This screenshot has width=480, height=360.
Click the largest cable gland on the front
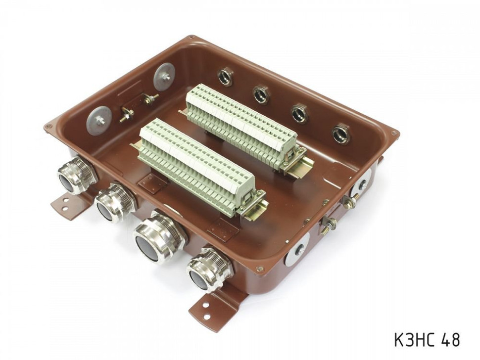pyautogui.click(x=157, y=240)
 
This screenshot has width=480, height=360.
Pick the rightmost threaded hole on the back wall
pyautogui.click(x=341, y=134)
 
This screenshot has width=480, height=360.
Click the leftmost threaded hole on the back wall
pyautogui.click(x=226, y=77)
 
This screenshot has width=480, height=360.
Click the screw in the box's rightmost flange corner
pyautogui.click(x=393, y=134)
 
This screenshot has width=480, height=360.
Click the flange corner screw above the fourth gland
pyautogui.click(x=259, y=270)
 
